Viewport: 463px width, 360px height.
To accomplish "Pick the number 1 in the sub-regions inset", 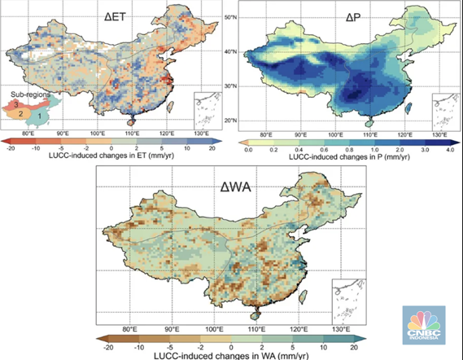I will pos(43,117).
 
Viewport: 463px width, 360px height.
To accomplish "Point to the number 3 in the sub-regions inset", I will pos(15,104).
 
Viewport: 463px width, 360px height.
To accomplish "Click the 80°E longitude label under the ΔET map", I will pos(28,133).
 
